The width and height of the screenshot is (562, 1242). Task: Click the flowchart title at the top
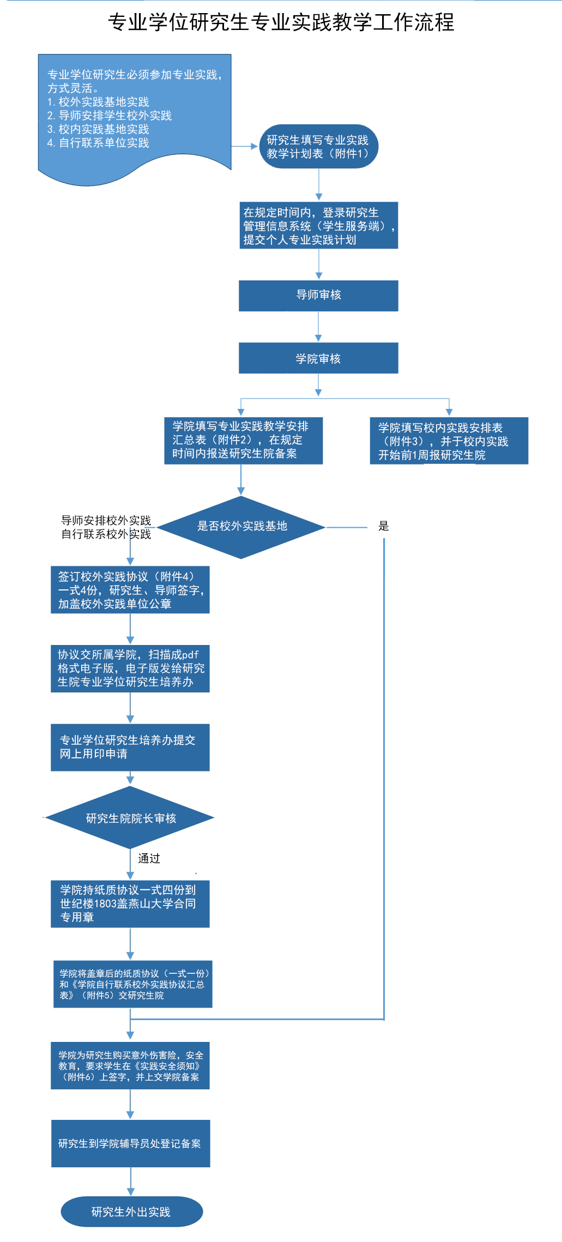coord(281,22)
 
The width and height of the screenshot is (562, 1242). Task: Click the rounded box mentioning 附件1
coord(318,147)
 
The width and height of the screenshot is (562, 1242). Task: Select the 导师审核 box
coord(318,296)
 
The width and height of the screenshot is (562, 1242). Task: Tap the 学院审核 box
coord(318,358)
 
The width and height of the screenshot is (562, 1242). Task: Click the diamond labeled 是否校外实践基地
coord(241,527)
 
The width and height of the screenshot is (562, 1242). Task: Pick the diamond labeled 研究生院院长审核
coord(130,818)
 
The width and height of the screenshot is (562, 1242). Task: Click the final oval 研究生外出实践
coord(131,1211)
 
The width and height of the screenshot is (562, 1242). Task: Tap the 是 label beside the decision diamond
coord(384,526)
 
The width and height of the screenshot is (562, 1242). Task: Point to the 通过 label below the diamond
coord(149,859)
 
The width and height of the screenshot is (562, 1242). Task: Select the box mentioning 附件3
coord(449,441)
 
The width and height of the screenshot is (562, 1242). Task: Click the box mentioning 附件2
coord(243,441)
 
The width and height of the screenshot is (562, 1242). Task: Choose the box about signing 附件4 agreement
coord(130,590)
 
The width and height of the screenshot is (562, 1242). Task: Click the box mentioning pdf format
coord(130,668)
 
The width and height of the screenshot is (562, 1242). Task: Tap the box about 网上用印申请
coord(130,747)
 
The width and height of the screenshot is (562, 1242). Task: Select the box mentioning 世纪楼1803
coord(130,903)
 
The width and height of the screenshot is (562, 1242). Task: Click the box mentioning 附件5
coord(132,984)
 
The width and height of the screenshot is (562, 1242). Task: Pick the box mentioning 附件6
coord(130,1066)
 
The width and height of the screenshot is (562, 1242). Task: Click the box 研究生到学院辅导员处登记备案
coord(131,1143)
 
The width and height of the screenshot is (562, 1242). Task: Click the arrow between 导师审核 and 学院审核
coord(319,327)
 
